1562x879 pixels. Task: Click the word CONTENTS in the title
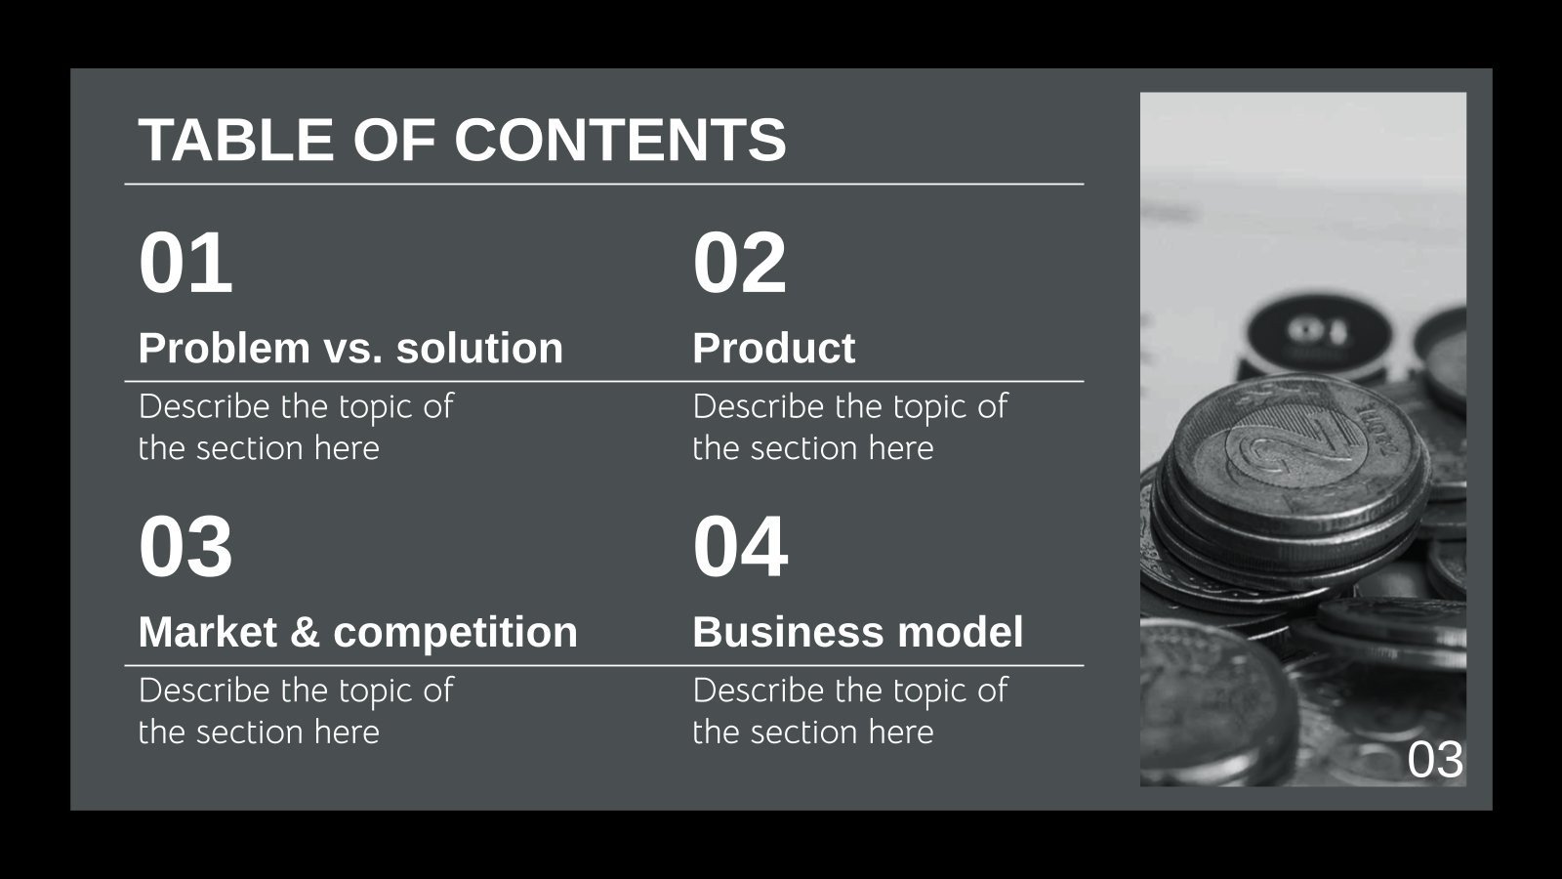(x=620, y=140)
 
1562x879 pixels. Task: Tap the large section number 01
(x=185, y=263)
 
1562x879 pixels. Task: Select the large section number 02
(x=739, y=263)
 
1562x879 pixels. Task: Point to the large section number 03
(x=185, y=547)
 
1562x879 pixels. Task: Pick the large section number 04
(x=740, y=547)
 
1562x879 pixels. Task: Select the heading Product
(x=773, y=349)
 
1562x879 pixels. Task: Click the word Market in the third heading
(x=208, y=632)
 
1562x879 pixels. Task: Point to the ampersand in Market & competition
(x=305, y=633)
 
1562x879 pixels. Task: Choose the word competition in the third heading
(x=455, y=633)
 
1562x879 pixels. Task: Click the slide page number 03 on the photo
(x=1435, y=761)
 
